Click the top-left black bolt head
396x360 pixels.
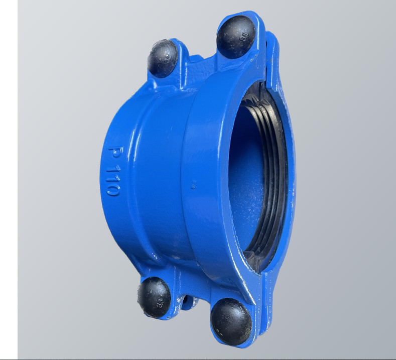pyautogui.click(x=162, y=58)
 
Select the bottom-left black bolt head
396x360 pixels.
pyautogui.click(x=154, y=297)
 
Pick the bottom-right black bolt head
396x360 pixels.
pyautogui.click(x=231, y=321)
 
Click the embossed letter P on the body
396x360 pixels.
pyautogui.click(x=115, y=153)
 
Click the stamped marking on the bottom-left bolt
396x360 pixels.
pyautogui.click(x=160, y=303)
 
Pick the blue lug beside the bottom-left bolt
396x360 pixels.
pyautogui.click(x=173, y=286)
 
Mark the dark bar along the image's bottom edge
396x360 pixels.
pyautogui.click(x=201, y=358)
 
